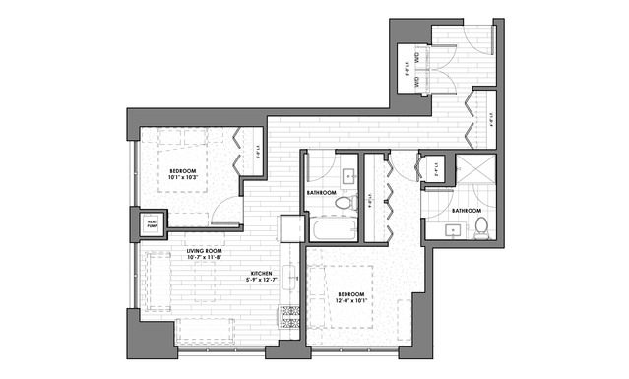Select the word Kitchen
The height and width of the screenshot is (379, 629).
click(x=262, y=273)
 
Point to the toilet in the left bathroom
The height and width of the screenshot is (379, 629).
click(x=343, y=203)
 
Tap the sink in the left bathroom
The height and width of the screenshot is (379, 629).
click(x=349, y=177)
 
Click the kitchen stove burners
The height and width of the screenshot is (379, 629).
click(x=290, y=317)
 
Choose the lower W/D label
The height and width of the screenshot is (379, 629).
click(x=418, y=85)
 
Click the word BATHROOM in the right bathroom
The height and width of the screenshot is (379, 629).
click(x=466, y=211)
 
